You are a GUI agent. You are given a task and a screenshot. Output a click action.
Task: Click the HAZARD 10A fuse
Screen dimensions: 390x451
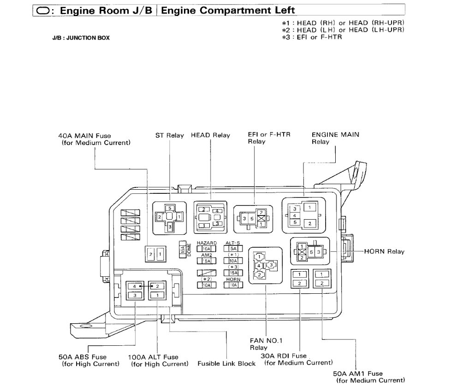point(206,249)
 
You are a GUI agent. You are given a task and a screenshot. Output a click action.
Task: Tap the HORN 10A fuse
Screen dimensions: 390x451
point(233,285)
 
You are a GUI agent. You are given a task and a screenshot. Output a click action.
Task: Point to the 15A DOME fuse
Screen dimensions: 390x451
point(183,250)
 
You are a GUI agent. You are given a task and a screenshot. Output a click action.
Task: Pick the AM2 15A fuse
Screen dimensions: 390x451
point(206,261)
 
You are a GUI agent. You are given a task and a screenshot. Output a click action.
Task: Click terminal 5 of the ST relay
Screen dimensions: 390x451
point(170,208)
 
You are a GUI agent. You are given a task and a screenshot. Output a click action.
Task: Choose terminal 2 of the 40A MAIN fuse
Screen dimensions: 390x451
point(150,254)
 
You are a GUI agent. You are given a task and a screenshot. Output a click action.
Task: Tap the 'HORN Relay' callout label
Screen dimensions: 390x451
point(384,251)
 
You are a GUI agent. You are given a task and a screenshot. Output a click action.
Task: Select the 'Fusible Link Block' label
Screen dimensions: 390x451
point(226,364)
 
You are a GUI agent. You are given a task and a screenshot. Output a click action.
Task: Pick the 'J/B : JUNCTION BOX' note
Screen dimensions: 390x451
point(81,38)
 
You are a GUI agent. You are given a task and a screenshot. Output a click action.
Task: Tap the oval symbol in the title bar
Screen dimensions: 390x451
point(43,11)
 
